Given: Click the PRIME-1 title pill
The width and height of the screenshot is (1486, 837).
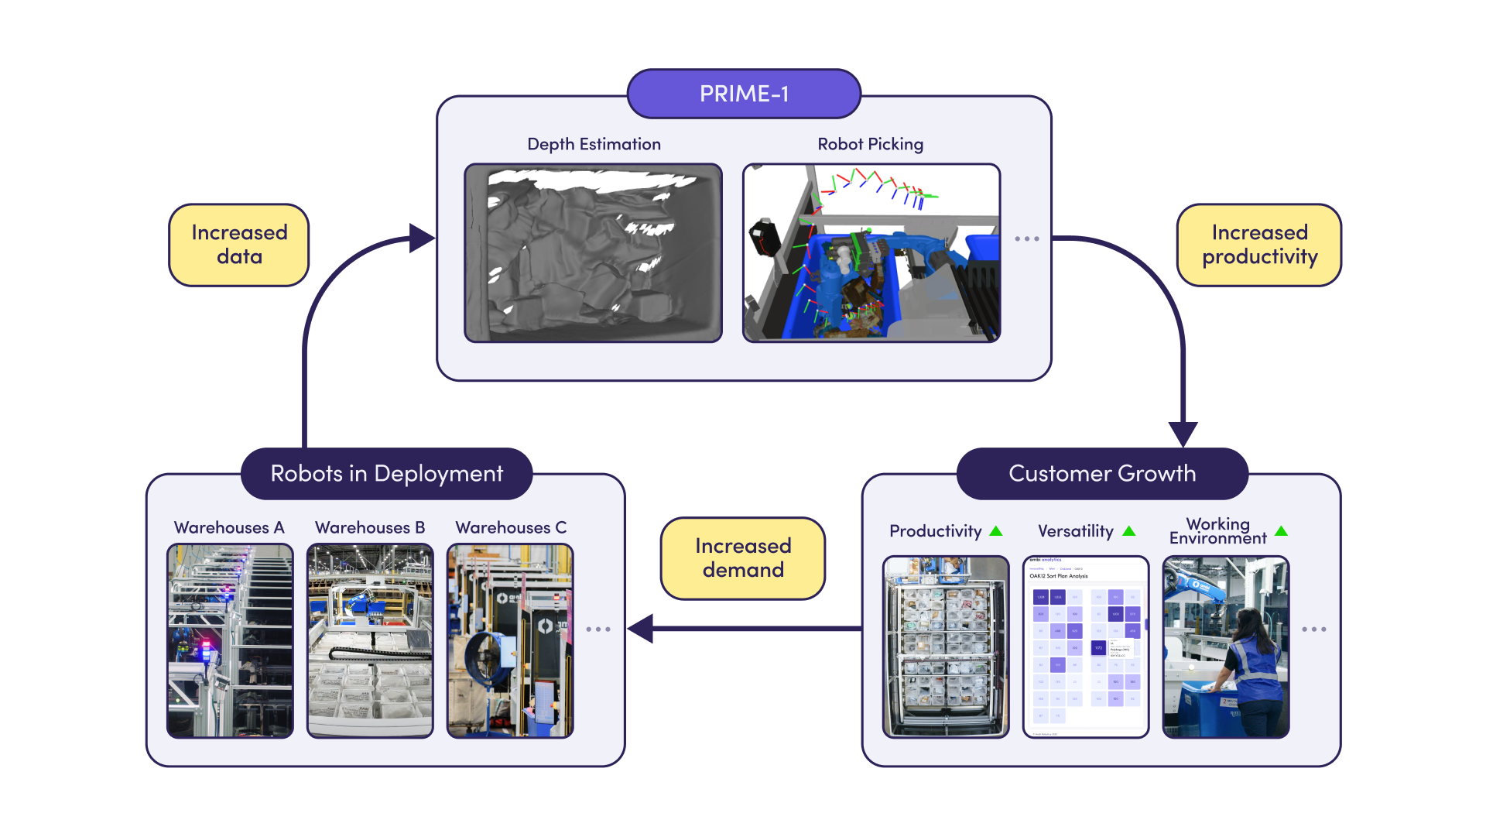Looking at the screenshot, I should point(743,94).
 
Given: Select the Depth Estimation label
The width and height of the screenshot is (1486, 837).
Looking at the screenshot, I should point(594,144).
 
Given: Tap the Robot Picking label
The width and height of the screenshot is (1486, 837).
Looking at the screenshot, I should point(870,144).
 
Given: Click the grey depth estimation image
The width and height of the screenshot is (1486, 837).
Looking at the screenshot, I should point(593,253).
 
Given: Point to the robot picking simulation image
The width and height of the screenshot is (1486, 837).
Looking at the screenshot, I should point(871,253).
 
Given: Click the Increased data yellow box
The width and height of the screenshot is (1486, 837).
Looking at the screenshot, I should point(238,245).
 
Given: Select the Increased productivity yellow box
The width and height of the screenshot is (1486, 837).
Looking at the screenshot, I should point(1258,245).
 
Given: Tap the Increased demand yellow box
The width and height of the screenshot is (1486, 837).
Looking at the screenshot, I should point(742,558).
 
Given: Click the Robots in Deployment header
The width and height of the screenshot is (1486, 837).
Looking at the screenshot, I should point(386,473).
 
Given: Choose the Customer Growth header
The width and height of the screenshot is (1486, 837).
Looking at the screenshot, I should point(1101,473).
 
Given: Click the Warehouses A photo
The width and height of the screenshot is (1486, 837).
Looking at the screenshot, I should point(230,640).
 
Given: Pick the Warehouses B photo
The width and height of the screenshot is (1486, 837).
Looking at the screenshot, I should point(370,640).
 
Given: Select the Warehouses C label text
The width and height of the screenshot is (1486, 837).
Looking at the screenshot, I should point(511,527).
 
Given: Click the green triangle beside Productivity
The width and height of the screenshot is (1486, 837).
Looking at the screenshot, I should point(996,531).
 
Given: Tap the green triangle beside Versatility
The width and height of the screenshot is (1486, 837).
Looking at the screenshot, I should point(1128,531).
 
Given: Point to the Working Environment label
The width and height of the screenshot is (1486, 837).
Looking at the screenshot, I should point(1217,531).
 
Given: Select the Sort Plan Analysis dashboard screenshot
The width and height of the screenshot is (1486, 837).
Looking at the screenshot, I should point(1085,647).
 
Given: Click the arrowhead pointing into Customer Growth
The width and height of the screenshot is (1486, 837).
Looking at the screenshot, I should point(1183,434).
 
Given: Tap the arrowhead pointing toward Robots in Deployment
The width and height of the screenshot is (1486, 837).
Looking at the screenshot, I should point(641,629).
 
